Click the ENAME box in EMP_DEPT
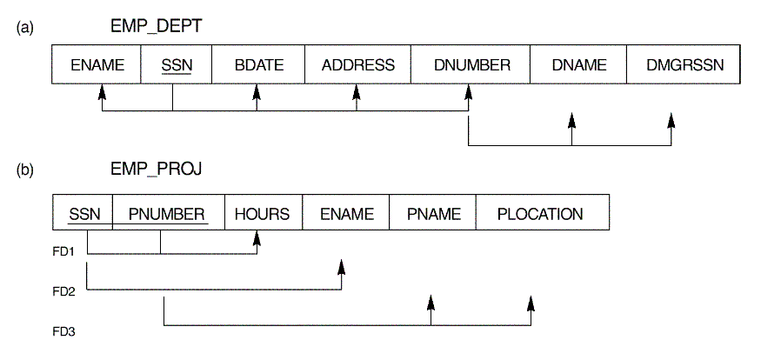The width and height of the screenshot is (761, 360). [x=98, y=65]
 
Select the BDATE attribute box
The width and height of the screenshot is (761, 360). [x=257, y=65]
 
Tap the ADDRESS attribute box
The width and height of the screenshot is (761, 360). [x=357, y=65]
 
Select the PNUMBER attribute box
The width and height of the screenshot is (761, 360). [x=168, y=214]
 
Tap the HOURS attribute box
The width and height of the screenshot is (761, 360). [x=263, y=214]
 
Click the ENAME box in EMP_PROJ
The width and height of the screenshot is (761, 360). [x=345, y=214]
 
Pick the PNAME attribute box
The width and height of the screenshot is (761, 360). [x=432, y=214]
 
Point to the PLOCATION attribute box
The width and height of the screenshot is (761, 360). [x=540, y=214]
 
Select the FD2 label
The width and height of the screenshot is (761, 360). [x=64, y=290]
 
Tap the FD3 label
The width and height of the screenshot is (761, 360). [x=64, y=331]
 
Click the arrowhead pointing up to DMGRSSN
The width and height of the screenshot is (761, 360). [x=671, y=118]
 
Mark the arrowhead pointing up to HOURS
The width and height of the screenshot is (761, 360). [x=259, y=237]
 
